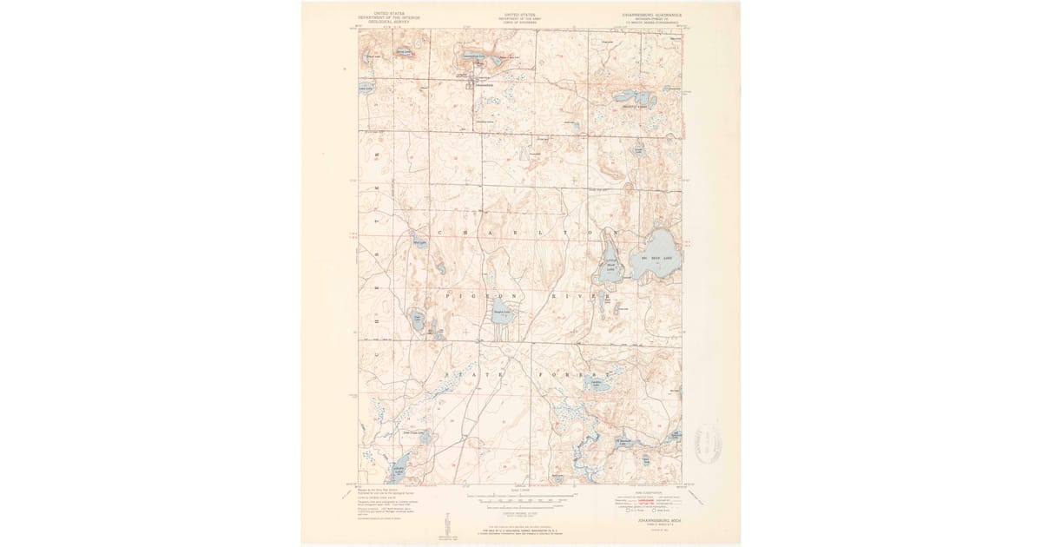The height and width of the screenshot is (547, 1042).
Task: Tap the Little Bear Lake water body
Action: tap(607, 272)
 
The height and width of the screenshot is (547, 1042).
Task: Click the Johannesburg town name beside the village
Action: tap(482, 85)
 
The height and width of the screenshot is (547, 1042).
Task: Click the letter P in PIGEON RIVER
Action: tap(447, 296)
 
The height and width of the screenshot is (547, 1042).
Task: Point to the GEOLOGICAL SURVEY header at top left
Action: tap(384, 22)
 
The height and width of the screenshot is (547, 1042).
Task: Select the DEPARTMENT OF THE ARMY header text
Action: tap(521, 18)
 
